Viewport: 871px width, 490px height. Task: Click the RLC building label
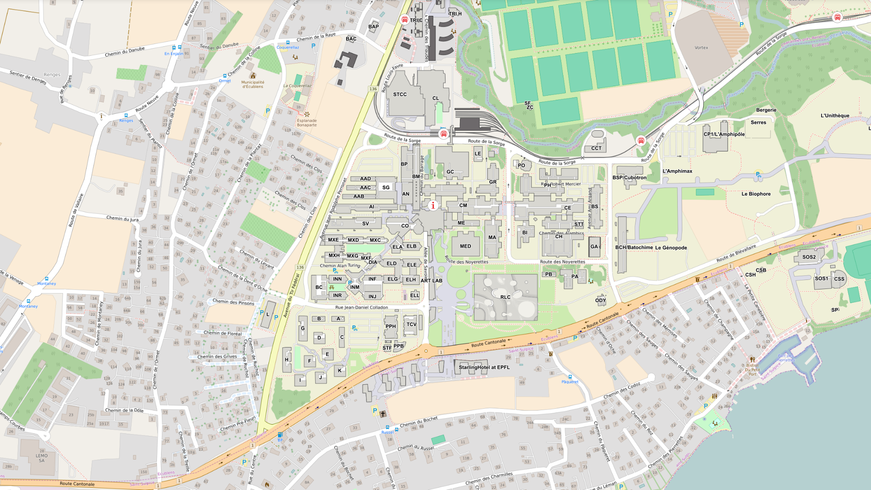[x=505, y=297]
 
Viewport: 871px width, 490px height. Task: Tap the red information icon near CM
[x=433, y=206]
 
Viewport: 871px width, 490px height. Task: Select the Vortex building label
[x=701, y=48]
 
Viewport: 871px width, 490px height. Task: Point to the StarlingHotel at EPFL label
[x=484, y=367]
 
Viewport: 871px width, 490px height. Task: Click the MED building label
[x=465, y=246]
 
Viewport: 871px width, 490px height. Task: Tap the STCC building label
[x=400, y=94]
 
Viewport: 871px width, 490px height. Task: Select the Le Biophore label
[x=756, y=194]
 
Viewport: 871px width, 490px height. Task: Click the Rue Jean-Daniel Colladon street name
[x=361, y=307]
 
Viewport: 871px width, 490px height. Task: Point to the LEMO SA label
[x=42, y=458]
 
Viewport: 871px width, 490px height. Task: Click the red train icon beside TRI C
[x=405, y=20]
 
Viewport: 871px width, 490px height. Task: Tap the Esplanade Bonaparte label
[x=307, y=122]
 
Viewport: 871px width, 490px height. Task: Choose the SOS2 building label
[x=809, y=257]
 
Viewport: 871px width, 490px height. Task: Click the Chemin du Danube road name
[x=125, y=51]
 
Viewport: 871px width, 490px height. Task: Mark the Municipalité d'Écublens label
[x=253, y=84]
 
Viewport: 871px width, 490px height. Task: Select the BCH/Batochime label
[x=634, y=247]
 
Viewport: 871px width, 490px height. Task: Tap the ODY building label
[x=600, y=300]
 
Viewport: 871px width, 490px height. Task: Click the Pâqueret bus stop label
[x=570, y=382]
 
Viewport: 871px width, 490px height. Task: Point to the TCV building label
[x=411, y=324]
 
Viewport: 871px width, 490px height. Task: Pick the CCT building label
[x=596, y=148]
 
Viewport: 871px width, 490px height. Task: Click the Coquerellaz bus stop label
[x=288, y=47]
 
